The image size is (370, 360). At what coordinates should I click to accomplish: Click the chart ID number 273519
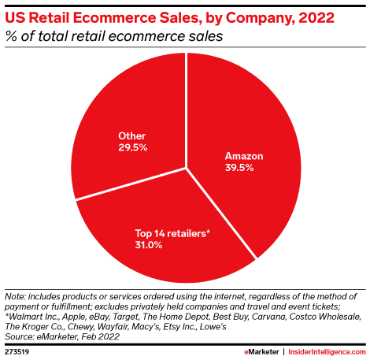(x=17, y=347)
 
